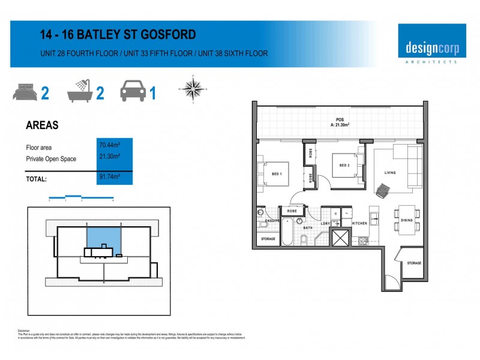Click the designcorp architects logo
click(431, 44)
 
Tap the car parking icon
click(133, 92)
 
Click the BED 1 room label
click(277, 173)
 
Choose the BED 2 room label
click(344, 165)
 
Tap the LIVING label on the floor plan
click(390, 173)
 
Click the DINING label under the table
click(407, 221)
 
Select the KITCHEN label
click(359, 223)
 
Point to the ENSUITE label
click(273, 221)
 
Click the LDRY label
click(326, 223)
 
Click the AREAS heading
click(42, 126)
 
